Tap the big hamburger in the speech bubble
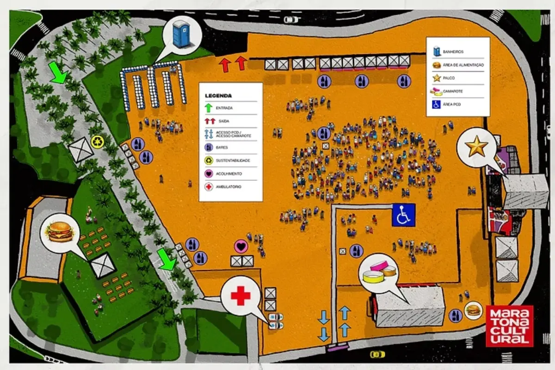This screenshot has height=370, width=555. pos(59,231)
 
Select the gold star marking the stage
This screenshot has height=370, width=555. pos(476,147)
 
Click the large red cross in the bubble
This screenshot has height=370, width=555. pos(240,296)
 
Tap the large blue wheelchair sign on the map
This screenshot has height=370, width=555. pos(404,215)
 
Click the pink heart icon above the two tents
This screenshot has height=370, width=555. pos(240,246)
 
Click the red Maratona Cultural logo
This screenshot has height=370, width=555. pos(509,326)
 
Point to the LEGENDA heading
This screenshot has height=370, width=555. pos(219,96)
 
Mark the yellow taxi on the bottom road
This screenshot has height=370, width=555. pos(377,354)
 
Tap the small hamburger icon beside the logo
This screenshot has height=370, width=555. pos(473,310)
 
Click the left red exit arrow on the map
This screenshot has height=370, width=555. pos(225,64)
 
